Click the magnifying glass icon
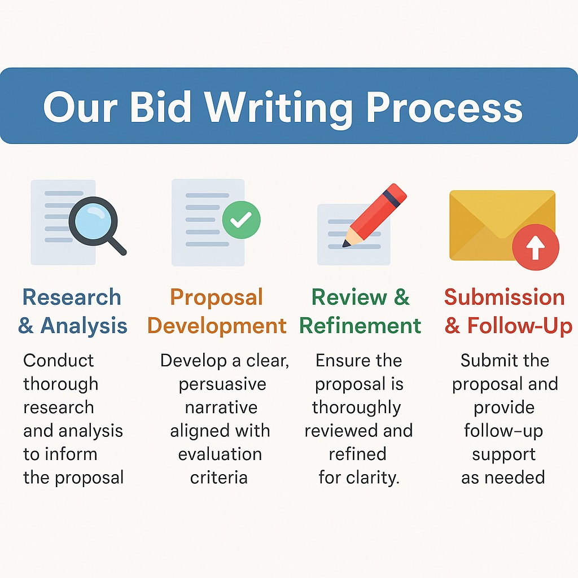[x=95, y=222]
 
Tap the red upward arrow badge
[x=535, y=248]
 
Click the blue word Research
[x=72, y=297]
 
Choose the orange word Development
[x=217, y=326]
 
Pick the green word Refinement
[x=360, y=326]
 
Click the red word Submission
[x=505, y=297]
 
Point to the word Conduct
[x=59, y=361]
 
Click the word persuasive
[x=222, y=384]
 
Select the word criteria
[x=219, y=478]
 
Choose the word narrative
[x=221, y=408]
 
